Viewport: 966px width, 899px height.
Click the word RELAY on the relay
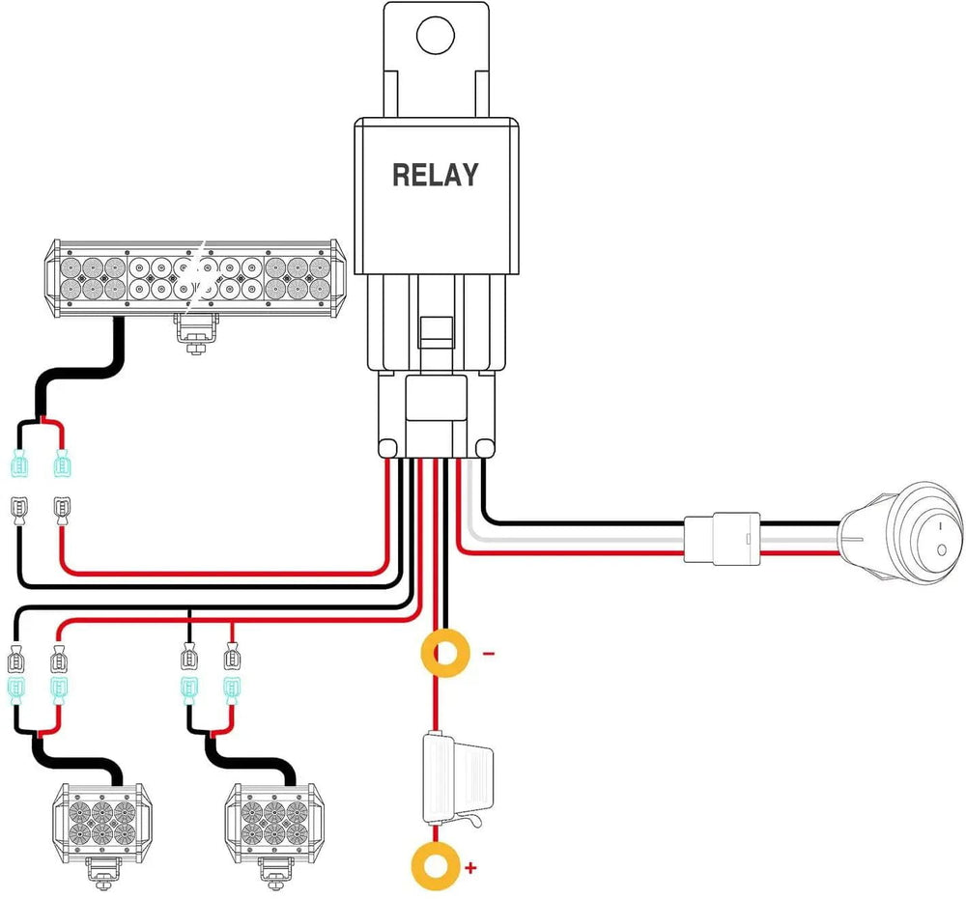click(x=435, y=175)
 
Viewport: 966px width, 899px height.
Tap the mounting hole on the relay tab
click(x=436, y=36)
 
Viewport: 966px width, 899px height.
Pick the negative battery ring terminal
click(x=444, y=654)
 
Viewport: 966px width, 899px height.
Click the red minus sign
click(x=488, y=654)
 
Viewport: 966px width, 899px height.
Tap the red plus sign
click(x=470, y=868)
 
